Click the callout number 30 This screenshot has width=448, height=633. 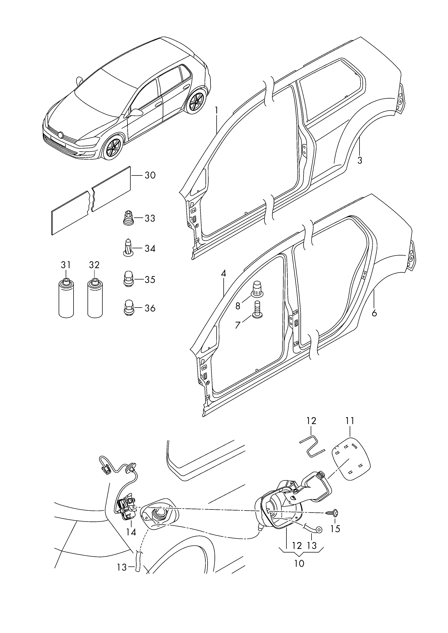click(x=150, y=175)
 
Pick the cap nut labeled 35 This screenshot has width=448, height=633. click(x=128, y=279)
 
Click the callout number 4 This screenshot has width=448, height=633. click(x=223, y=273)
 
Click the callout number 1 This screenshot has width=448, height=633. click(x=217, y=111)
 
